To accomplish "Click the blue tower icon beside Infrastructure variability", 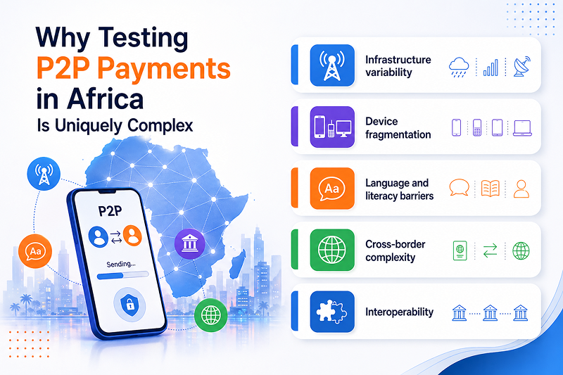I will [332, 65].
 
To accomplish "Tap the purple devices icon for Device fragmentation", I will [332, 127].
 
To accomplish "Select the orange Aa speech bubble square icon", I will [332, 189].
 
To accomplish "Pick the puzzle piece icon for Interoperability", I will [332, 312].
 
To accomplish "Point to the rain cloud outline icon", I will [460, 67].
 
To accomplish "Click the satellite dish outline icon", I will [522, 66].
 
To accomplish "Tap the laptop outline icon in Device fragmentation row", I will [522, 127].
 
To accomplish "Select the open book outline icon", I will [490, 189].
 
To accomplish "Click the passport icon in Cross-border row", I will [459, 250].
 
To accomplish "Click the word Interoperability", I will [399, 312].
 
